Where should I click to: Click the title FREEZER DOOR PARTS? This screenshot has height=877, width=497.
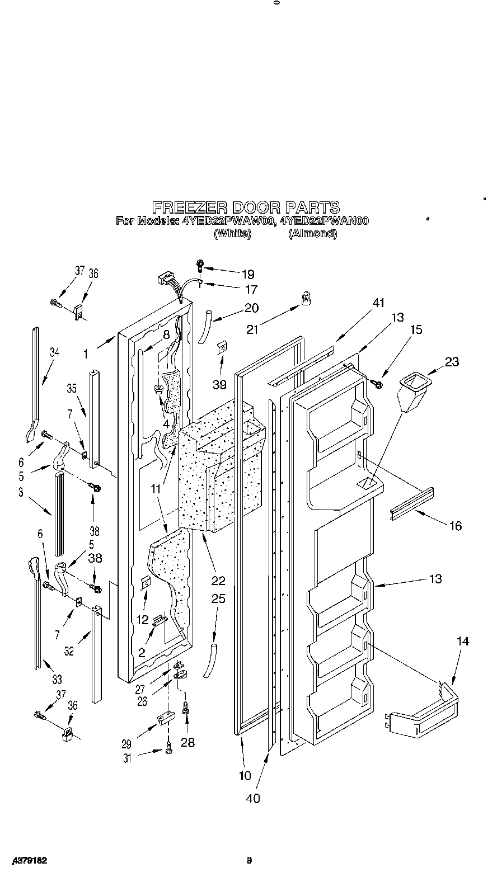246,207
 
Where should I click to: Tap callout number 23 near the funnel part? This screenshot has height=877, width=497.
452,361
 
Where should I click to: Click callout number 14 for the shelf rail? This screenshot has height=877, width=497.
462,641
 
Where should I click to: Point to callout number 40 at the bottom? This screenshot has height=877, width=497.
253,798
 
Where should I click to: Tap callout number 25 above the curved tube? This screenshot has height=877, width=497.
218,598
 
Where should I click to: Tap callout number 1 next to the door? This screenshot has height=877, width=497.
86,353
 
